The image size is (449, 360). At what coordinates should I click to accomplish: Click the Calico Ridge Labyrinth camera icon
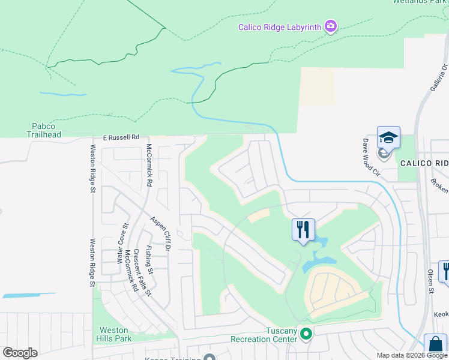point(330,26)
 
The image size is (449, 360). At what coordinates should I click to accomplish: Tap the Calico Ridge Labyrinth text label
point(280,27)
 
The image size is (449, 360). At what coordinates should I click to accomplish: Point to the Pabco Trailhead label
point(43,130)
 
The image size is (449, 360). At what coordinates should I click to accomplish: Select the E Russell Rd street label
point(120,137)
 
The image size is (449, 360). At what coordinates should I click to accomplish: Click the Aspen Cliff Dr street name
point(161,234)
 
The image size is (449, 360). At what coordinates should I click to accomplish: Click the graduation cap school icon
point(388,137)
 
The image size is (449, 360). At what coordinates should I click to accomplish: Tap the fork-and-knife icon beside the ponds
point(303,229)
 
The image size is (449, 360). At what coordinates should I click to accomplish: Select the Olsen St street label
point(430,281)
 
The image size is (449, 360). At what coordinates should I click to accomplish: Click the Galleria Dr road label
point(438,78)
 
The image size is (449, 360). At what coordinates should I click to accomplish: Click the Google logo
point(20,353)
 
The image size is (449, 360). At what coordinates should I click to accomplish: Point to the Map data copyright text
point(411,355)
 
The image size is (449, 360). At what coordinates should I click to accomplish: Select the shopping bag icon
point(435,346)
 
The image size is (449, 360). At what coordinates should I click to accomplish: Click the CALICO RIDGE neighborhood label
point(424,163)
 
